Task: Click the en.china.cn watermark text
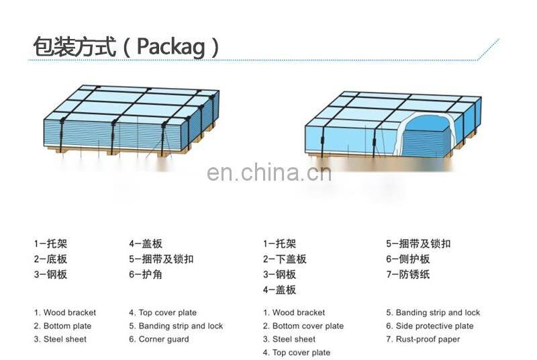(268, 173)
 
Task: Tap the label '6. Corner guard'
(158, 339)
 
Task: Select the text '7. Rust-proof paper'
(423, 339)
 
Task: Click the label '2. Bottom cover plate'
(303, 326)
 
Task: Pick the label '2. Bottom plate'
(62, 326)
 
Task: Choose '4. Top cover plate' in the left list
(162, 312)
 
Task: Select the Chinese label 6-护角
(146, 274)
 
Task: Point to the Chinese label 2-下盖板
(284, 259)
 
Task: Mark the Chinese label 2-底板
(50, 259)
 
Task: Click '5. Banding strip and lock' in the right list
(433, 312)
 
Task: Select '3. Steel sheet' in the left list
(60, 339)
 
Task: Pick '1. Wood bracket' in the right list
(293, 312)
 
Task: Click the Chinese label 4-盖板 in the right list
(279, 289)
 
